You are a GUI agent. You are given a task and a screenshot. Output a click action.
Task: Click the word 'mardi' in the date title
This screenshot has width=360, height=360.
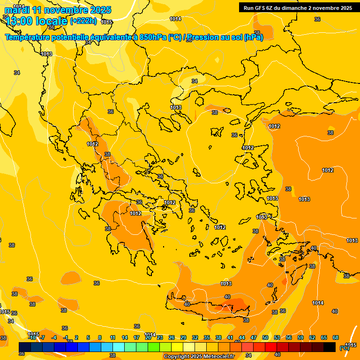coord(17,10)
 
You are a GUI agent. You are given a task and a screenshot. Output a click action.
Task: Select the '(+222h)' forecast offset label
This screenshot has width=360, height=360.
coord(83,21)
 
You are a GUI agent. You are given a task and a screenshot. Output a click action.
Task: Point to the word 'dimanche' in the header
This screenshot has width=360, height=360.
coord(297,8)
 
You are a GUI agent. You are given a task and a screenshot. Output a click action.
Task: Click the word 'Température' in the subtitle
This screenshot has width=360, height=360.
coord(28,37)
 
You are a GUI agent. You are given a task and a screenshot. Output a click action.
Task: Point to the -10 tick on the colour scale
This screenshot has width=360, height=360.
coord(32,337)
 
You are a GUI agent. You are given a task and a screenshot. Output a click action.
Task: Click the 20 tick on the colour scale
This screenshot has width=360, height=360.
coord(148,337)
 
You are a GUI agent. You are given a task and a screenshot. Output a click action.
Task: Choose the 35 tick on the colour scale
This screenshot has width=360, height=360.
coord(207,337)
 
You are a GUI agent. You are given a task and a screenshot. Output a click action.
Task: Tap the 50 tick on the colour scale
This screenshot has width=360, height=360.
coord(265,337)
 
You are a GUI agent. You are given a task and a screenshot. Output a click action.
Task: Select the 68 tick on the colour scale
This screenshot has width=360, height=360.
coord(336,337)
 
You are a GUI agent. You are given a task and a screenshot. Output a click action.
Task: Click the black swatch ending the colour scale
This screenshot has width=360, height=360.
coord(330,347)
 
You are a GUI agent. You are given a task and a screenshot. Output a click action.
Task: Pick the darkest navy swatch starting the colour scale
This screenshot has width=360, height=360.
coord(25,347)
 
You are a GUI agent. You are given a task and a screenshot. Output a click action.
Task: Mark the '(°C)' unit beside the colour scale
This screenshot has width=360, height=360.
coord(345,348)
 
